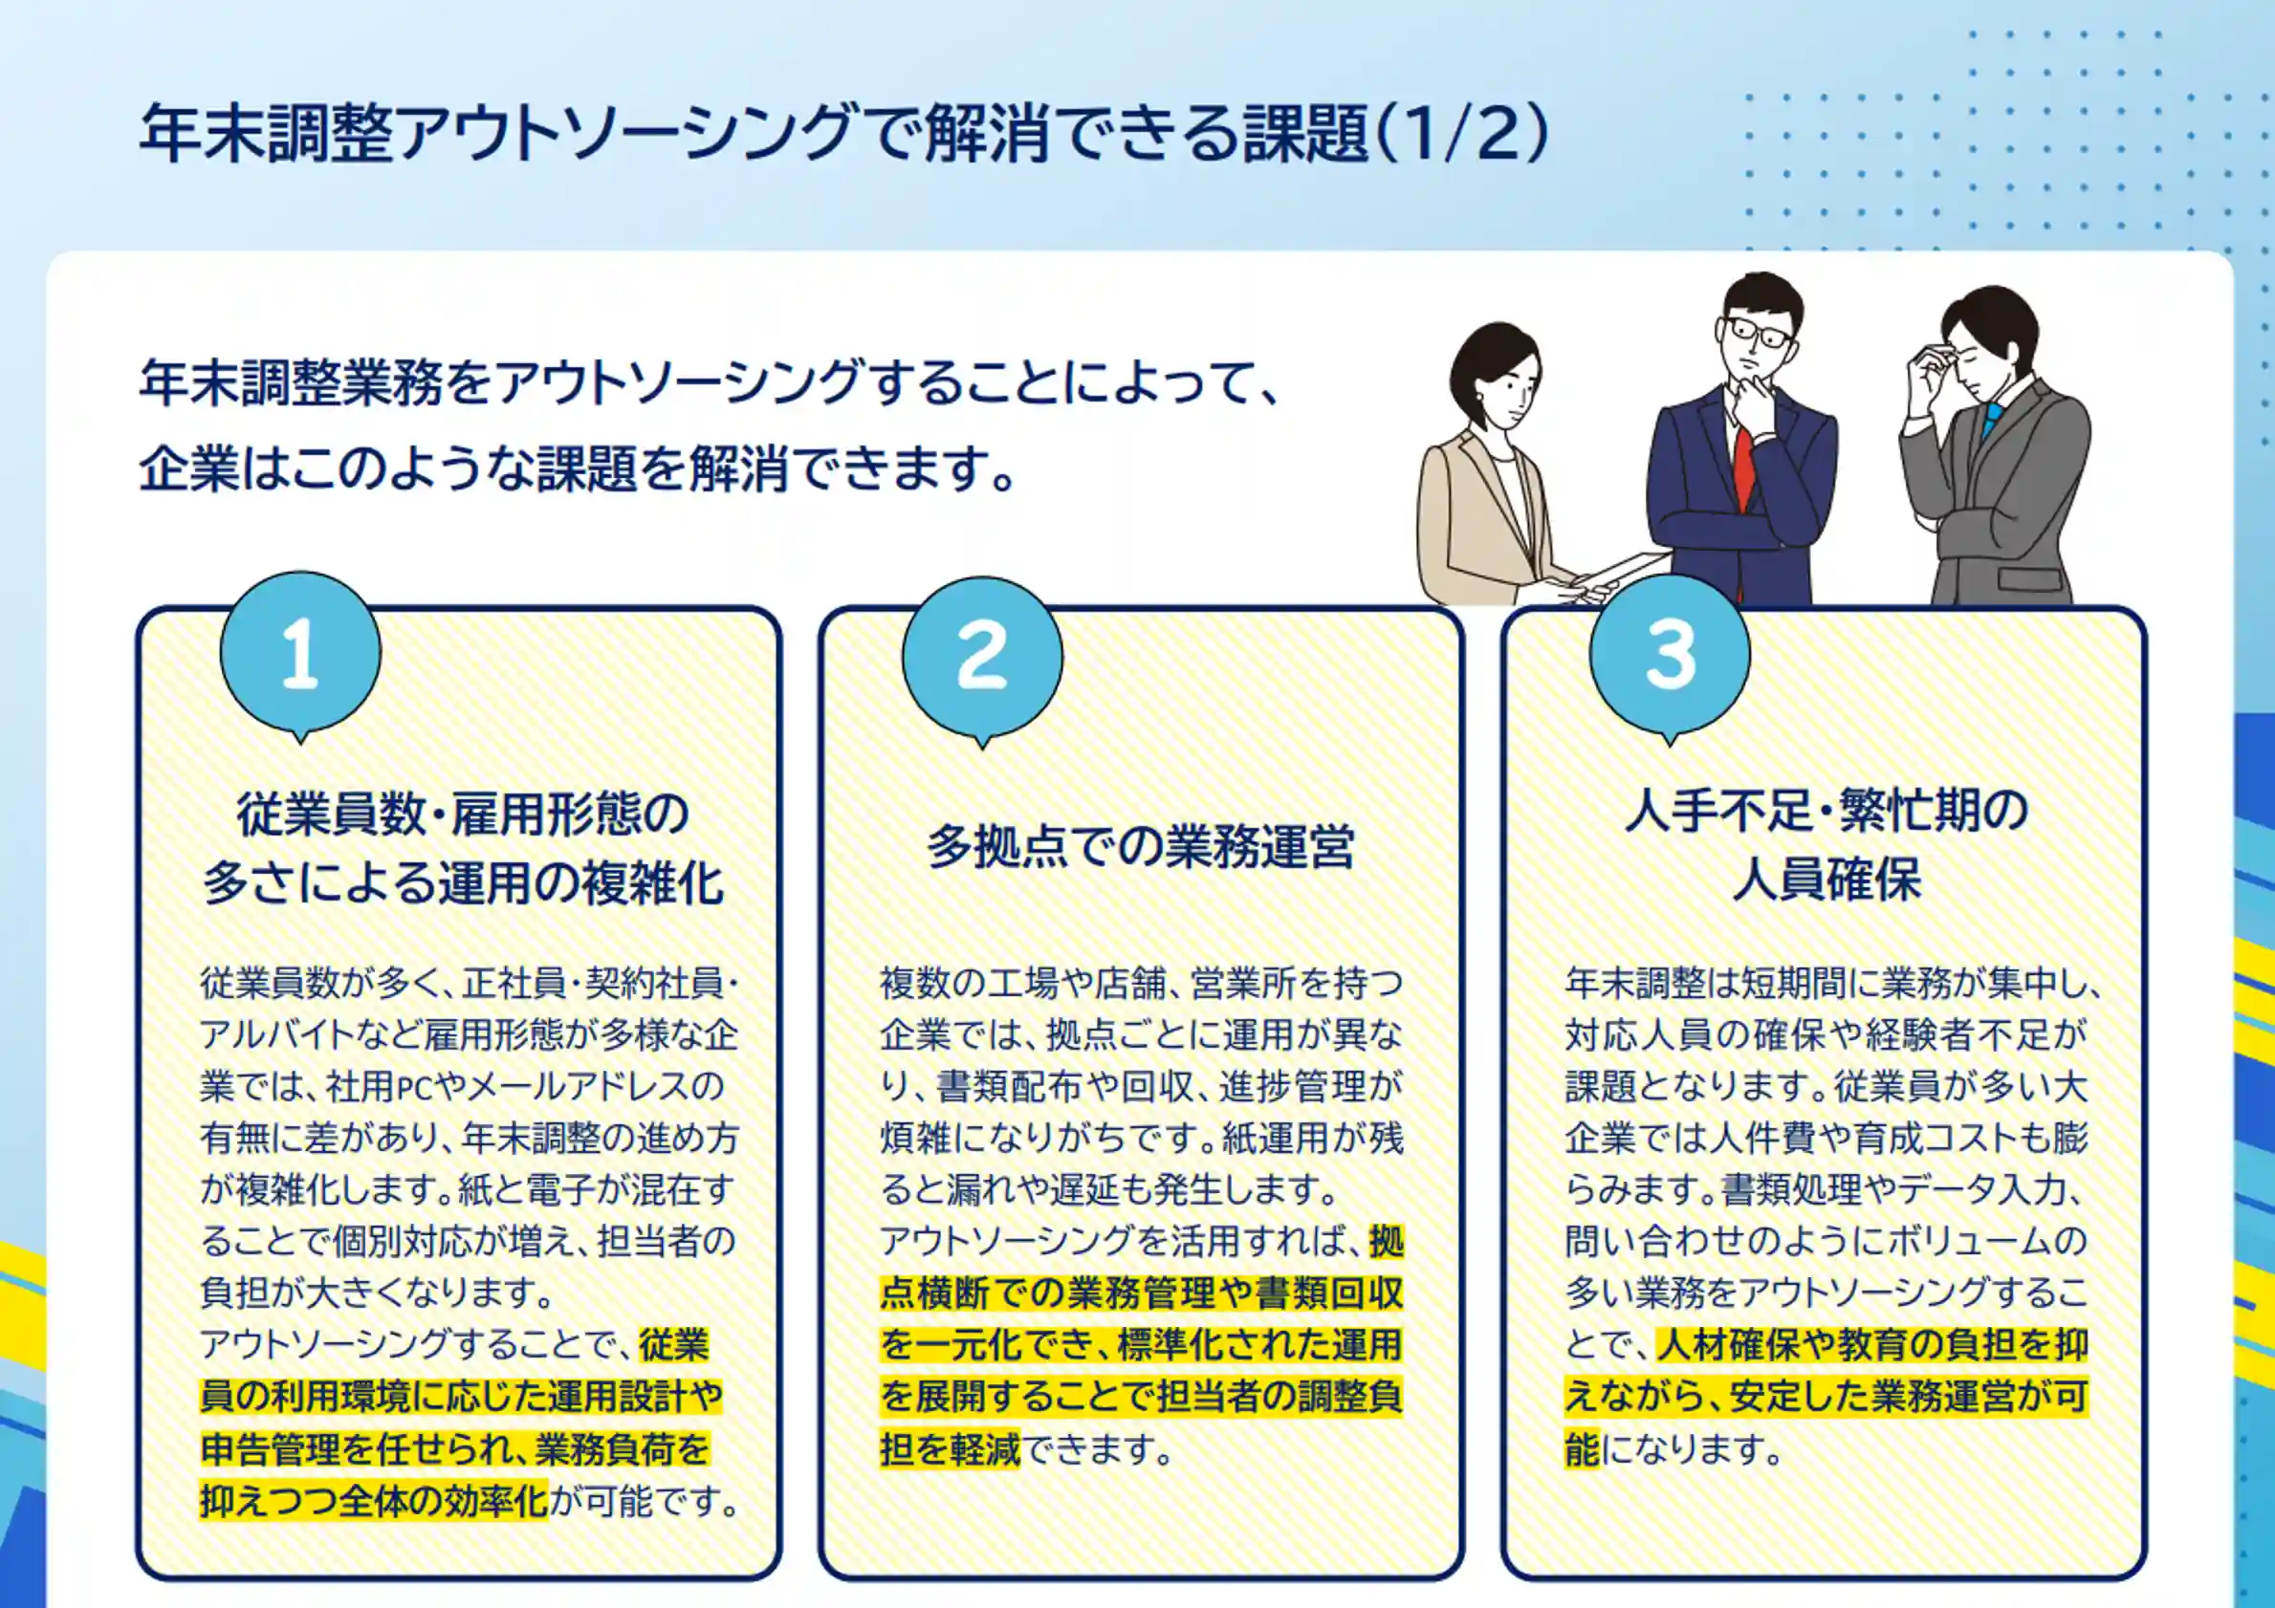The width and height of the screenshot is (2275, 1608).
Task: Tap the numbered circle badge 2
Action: [982, 656]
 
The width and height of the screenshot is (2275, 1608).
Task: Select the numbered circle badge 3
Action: [1670, 654]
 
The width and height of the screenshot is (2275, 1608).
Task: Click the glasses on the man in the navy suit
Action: [1760, 333]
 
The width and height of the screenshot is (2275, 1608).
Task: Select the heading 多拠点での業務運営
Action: [1141, 846]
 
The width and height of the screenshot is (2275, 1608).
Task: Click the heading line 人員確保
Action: [1827, 880]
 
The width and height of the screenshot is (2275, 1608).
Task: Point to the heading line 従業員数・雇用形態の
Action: [462, 815]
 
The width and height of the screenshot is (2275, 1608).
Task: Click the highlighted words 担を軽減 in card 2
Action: [950, 1449]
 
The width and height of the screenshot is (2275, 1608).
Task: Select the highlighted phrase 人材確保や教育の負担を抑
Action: [1871, 1344]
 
